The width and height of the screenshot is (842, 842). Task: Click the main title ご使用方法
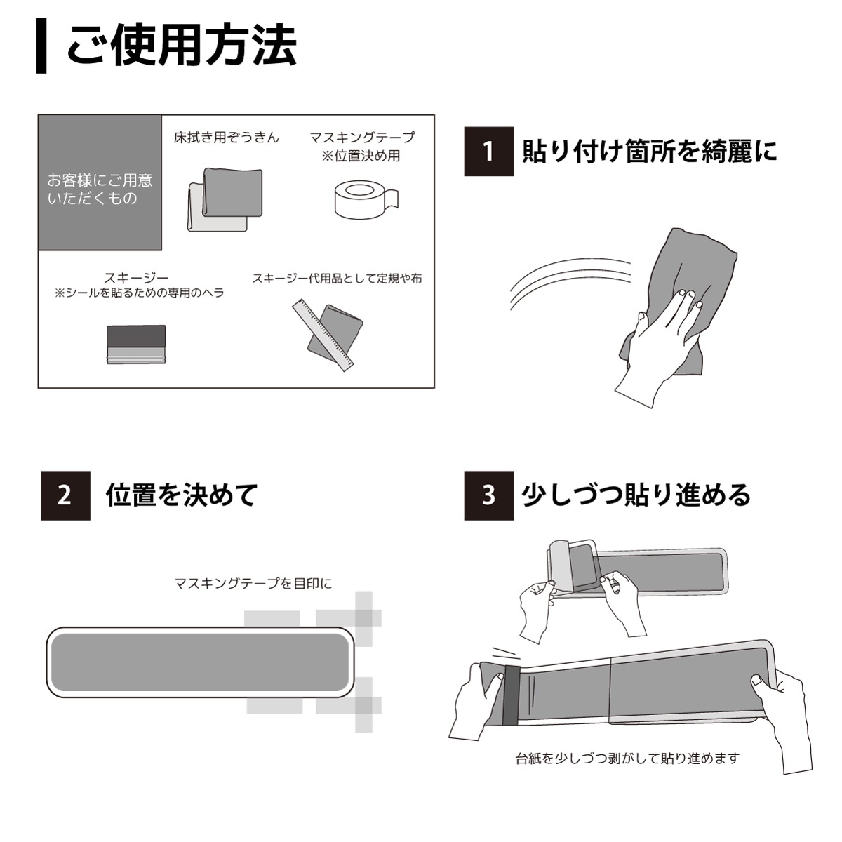182,45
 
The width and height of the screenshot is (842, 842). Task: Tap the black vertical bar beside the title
41,46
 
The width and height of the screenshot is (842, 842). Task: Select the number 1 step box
488,151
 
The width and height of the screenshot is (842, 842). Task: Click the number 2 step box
65,495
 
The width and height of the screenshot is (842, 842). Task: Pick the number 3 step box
488,495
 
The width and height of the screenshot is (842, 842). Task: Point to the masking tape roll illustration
366,200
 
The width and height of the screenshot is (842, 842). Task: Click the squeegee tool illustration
136,345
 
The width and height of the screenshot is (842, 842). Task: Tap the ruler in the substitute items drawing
323,335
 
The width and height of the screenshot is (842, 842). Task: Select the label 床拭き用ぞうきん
227,138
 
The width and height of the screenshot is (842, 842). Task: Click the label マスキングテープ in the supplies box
362,138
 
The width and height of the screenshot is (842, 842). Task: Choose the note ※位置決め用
361,156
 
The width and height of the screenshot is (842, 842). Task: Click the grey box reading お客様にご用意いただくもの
100,182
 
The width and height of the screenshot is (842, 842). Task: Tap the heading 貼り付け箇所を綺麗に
650,151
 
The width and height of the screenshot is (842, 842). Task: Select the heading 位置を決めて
181,495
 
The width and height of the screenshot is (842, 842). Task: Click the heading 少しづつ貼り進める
636,495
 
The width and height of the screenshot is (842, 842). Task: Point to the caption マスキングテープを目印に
253,583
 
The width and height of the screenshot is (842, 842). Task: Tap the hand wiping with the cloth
655,345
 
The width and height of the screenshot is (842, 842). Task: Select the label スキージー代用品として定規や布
337,279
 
